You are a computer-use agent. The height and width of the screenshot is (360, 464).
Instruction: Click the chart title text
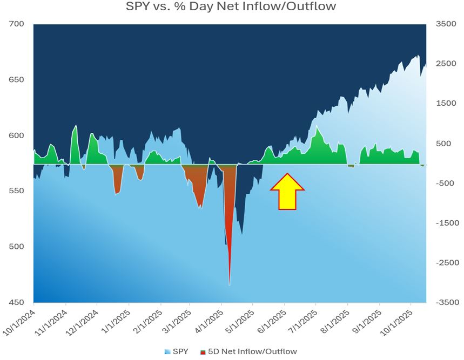coord(231,7)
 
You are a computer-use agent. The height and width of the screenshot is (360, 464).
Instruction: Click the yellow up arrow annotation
coord(287,192)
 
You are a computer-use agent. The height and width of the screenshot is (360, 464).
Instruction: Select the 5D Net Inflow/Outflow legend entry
coord(249,351)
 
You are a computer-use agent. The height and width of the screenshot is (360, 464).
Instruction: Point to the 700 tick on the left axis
coord(17,24)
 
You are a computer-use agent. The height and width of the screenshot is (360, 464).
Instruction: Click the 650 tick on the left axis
coord(17,80)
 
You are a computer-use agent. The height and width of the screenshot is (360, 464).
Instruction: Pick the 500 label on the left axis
coord(17,247)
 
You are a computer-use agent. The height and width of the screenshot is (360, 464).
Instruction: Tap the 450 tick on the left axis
coord(17,302)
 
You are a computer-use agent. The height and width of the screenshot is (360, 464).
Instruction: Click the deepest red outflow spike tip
coord(230,284)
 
